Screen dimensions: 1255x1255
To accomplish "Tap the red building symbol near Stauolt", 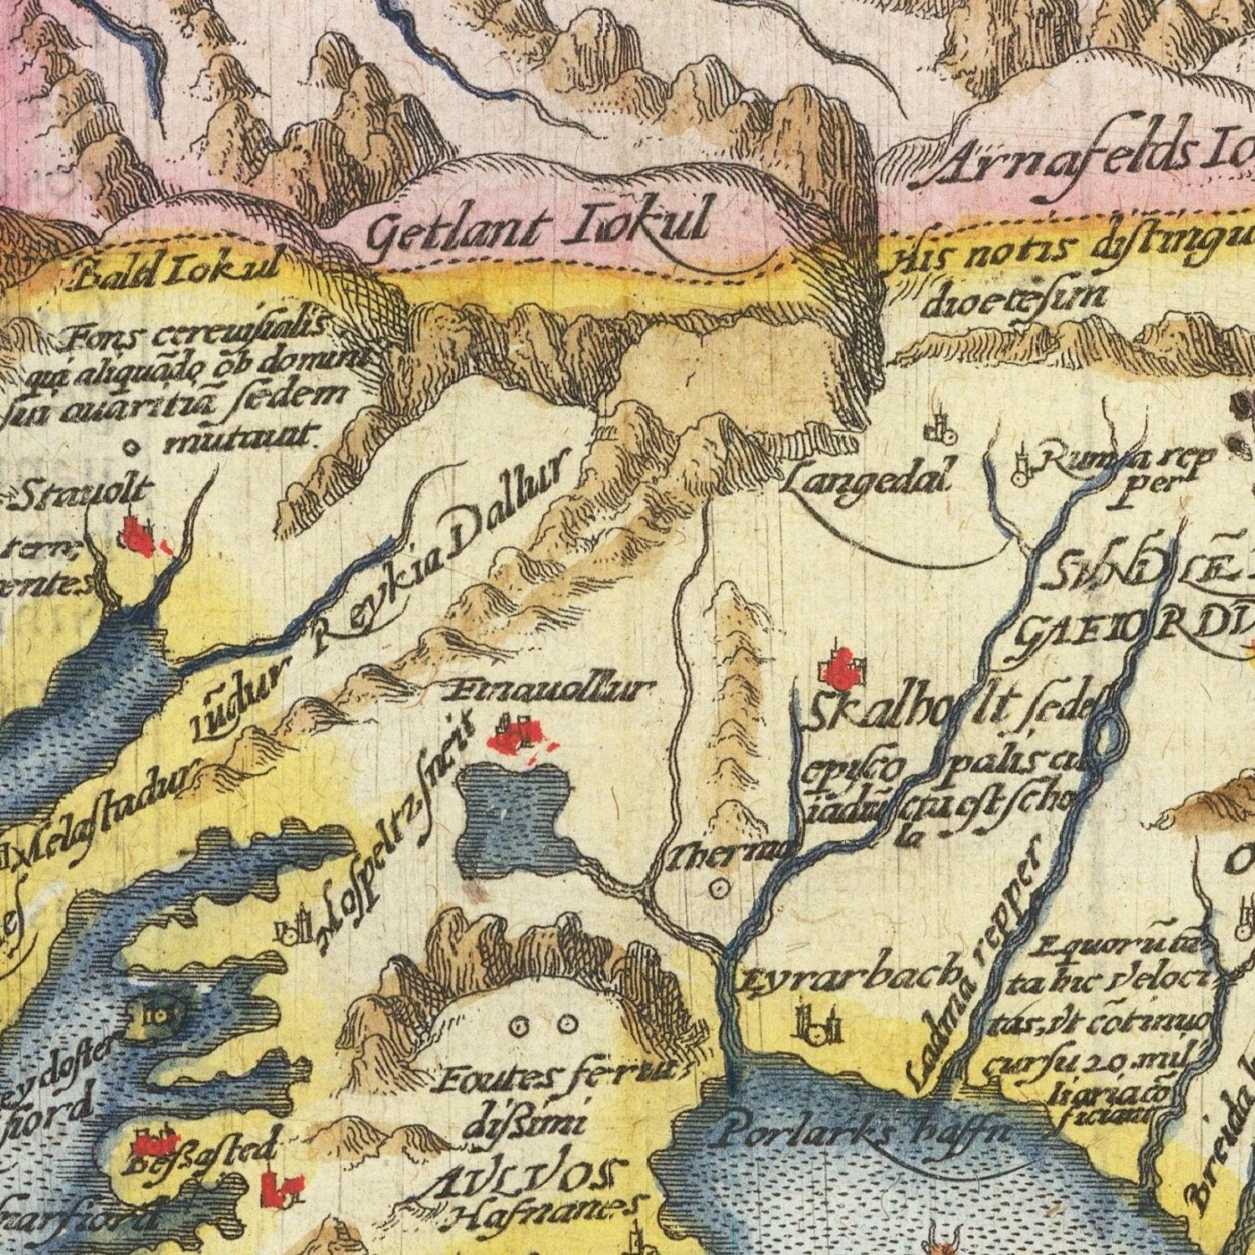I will pos(139,535).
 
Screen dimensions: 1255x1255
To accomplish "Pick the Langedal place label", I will pos(870,479).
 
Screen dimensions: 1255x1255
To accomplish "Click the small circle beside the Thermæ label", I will pos(722,888).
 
